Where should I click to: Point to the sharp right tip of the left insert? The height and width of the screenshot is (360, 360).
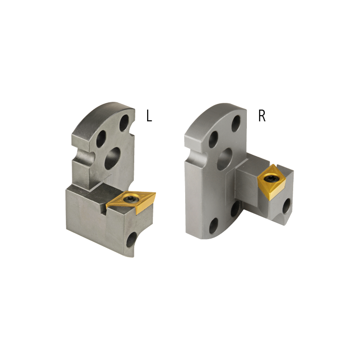155,194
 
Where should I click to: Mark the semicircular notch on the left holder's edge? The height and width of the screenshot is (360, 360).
81,155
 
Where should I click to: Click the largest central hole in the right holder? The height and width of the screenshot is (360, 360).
225,159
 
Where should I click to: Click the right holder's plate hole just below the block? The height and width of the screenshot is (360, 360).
235,208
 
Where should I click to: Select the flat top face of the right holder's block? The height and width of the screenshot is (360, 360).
252,167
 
